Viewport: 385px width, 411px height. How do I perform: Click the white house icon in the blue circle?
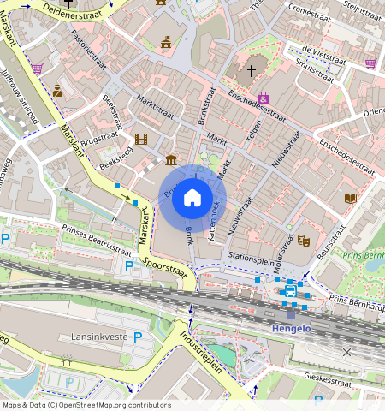click(x=192, y=199)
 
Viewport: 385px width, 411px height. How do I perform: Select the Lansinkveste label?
click(x=99, y=337)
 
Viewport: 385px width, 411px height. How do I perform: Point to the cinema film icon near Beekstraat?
click(x=140, y=139)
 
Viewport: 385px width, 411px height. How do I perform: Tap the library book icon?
click(x=350, y=199)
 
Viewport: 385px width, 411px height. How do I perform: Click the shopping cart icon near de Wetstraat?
click(x=370, y=63)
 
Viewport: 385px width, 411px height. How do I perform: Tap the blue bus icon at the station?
click(x=290, y=292)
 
